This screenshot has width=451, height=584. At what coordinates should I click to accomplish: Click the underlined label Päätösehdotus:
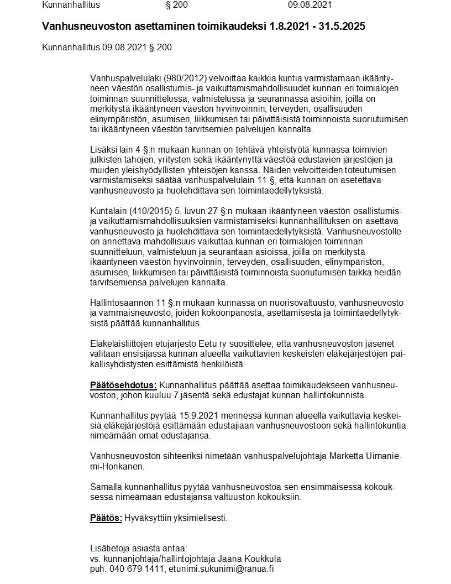click(x=123, y=385)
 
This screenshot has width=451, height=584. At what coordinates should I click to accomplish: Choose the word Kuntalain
click(x=108, y=210)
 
